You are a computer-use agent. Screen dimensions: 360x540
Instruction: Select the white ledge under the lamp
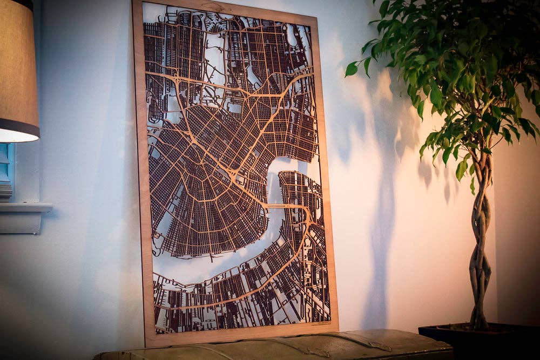[x=24, y=207]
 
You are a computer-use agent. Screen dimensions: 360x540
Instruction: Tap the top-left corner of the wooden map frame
[x=133, y=2]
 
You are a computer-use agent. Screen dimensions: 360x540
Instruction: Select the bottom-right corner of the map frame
[x=337, y=328]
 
